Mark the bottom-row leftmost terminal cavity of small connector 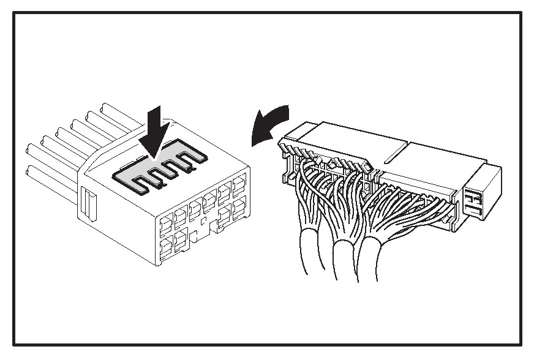166,247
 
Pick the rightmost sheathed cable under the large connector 370,257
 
